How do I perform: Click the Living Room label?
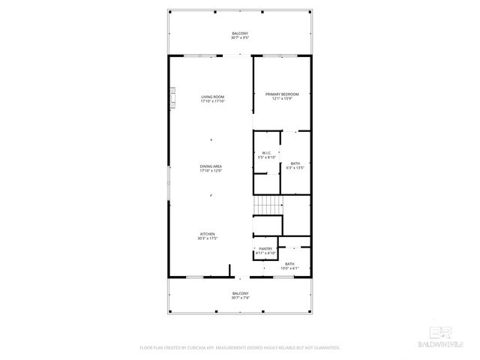(x=212, y=97)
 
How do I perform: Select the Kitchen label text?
(x=207, y=234)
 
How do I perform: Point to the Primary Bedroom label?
(x=282, y=94)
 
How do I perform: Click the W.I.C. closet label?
(x=266, y=153)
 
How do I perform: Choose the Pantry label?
(x=265, y=248)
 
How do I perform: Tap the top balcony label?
(x=240, y=34)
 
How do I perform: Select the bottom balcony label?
(x=240, y=293)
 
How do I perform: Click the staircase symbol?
(x=265, y=204)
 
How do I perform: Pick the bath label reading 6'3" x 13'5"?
(x=295, y=163)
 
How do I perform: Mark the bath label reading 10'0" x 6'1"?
(x=289, y=264)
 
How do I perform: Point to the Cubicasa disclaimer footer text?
(x=240, y=348)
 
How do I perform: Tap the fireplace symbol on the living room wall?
(x=171, y=97)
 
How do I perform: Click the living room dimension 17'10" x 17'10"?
(x=212, y=101)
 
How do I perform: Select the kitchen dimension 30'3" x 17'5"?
(x=207, y=238)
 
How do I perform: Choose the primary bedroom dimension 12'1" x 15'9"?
(x=282, y=98)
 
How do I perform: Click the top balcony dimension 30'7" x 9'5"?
(x=240, y=39)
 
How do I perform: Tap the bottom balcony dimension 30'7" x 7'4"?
(x=240, y=298)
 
